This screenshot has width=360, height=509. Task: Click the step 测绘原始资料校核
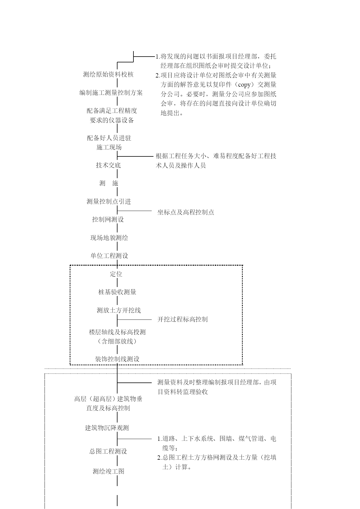(108, 75)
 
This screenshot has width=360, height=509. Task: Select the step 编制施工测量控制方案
(111, 93)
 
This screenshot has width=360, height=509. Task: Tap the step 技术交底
(108, 165)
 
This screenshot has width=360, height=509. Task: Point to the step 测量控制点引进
(109, 202)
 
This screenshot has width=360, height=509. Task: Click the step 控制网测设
(108, 220)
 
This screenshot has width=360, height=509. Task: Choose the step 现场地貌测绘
(109, 238)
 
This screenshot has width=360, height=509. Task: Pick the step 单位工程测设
(109, 256)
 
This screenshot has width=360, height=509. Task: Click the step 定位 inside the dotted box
(116, 274)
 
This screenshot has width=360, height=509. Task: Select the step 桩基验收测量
(117, 292)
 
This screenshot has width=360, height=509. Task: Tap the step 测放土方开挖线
(119, 311)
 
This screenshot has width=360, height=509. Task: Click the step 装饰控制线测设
(117, 359)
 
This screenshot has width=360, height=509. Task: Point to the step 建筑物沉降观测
(107, 428)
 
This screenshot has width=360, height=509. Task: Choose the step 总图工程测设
(108, 452)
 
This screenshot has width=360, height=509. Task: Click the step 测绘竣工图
(108, 471)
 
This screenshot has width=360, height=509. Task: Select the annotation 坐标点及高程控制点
(186, 212)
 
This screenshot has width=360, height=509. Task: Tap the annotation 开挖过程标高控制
(182, 320)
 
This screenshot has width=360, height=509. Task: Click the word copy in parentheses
(244, 85)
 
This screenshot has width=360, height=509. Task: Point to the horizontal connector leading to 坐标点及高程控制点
(134, 211)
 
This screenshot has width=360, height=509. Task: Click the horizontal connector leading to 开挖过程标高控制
(134, 320)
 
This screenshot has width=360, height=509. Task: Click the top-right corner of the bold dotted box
(242, 265)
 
